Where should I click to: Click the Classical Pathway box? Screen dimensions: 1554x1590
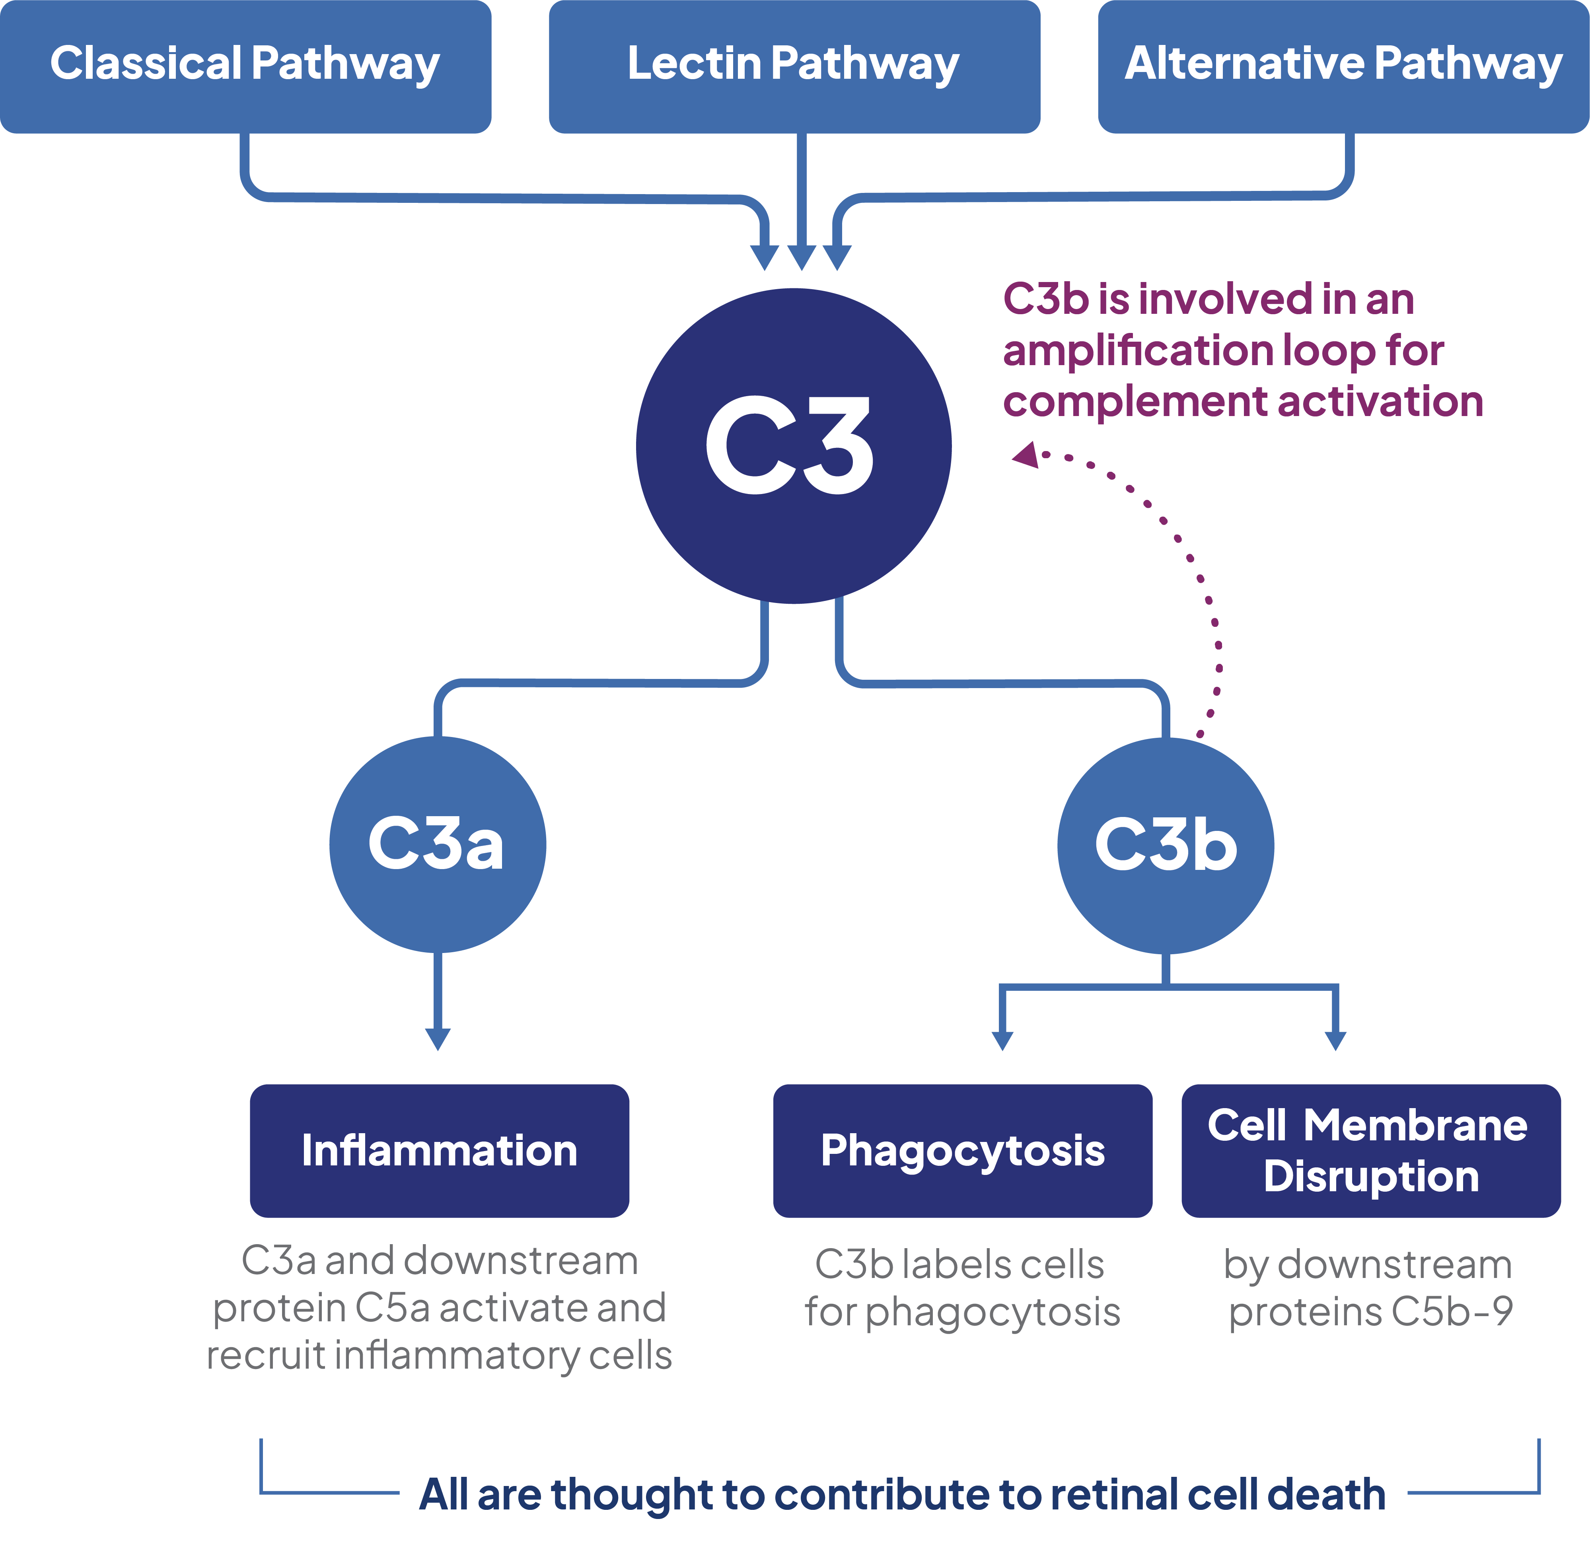(245, 65)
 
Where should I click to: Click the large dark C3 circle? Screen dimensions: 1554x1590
(793, 445)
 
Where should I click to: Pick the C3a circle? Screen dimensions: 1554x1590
(438, 844)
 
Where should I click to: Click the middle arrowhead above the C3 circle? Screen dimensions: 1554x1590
(802, 258)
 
